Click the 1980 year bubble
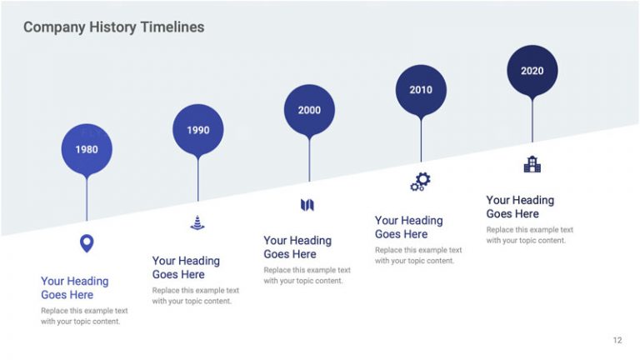pyautogui.click(x=87, y=150)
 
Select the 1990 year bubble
pyautogui.click(x=197, y=130)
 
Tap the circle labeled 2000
pyautogui.click(x=309, y=110)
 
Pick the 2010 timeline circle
pyautogui.click(x=421, y=90)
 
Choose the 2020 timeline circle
pyautogui.click(x=532, y=71)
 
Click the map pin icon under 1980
pyautogui.click(x=87, y=243)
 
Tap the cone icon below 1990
pyautogui.click(x=197, y=222)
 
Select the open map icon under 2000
pyautogui.click(x=307, y=204)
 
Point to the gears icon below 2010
pyautogui.click(x=420, y=182)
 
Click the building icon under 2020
pyautogui.click(x=532, y=164)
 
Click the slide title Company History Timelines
pyautogui.click(x=113, y=27)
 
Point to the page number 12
pyautogui.click(x=617, y=340)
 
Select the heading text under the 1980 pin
pyautogui.click(x=74, y=288)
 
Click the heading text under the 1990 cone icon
pyautogui.click(x=185, y=267)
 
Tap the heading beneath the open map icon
pyautogui.click(x=297, y=247)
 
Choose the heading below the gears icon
pyautogui.click(x=408, y=227)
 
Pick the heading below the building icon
pyautogui.click(x=520, y=207)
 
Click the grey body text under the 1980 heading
pyautogui.click(x=84, y=316)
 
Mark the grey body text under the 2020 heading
pyautogui.click(x=529, y=235)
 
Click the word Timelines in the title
pyautogui.click(x=172, y=27)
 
